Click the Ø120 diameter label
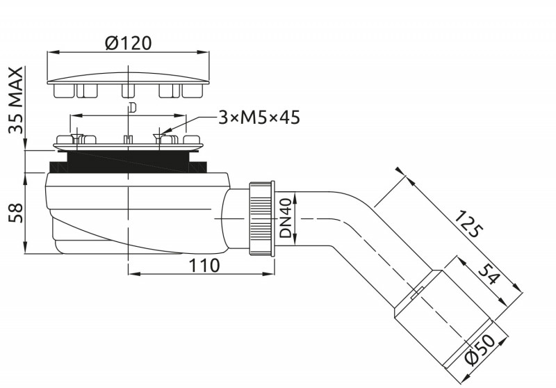(129, 43)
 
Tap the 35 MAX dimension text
(16, 100)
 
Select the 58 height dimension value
(16, 213)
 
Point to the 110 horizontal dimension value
(204, 266)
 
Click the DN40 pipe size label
(286, 218)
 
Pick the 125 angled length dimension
(468, 223)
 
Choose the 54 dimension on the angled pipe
(489, 274)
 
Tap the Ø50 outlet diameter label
(480, 348)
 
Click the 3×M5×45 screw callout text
(259, 117)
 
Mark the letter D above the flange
(132, 107)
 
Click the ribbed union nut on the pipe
(262, 218)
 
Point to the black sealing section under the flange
(128, 162)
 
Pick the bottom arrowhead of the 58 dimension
(25, 248)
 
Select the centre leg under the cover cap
(128, 90)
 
